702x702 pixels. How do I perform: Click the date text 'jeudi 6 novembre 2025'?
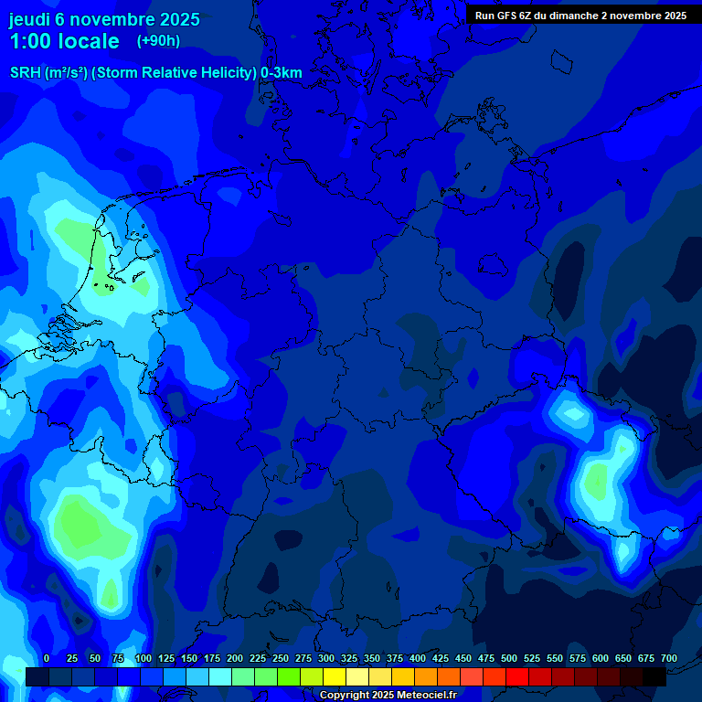point(104,19)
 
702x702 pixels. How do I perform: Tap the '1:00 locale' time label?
point(64,41)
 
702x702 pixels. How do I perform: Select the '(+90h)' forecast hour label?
point(158,40)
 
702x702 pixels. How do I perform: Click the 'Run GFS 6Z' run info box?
point(580,16)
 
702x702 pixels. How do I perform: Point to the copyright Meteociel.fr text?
point(388,695)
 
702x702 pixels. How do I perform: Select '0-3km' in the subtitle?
point(281,73)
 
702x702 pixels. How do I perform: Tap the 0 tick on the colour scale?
point(47,658)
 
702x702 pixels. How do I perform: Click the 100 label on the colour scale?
point(143,658)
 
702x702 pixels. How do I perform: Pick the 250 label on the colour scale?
point(281,658)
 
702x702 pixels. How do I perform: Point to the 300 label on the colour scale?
point(326,658)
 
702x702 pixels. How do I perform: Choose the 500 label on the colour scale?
point(509,658)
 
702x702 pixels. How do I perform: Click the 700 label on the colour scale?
point(668,658)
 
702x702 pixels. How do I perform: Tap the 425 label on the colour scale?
point(441,658)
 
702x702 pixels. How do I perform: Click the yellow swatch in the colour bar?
point(335,677)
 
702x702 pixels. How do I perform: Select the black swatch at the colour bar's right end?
point(654,677)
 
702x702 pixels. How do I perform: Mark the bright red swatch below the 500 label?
point(517,677)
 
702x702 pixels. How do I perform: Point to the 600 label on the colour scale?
point(601,658)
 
